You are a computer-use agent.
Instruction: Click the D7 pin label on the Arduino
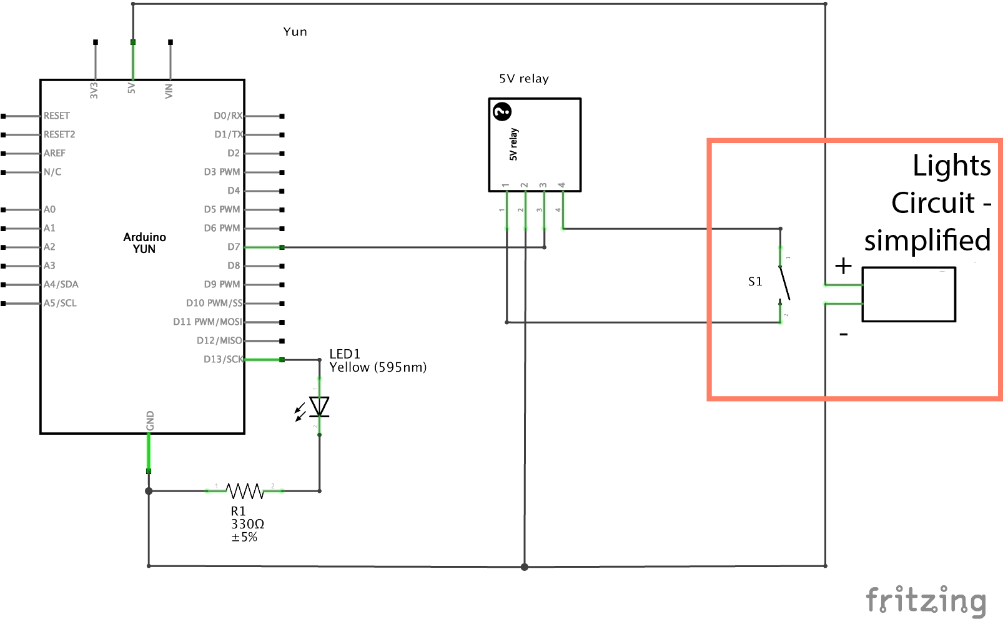point(234,247)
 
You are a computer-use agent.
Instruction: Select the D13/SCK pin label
point(223,359)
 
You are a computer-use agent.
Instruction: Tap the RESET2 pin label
point(59,134)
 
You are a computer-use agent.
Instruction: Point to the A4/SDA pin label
point(61,284)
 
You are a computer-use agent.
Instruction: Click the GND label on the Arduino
point(150,420)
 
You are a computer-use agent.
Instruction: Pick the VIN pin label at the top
point(169,91)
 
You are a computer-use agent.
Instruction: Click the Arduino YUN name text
point(144,243)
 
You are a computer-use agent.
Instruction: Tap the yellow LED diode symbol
point(319,407)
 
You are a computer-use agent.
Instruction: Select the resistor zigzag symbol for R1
point(244,491)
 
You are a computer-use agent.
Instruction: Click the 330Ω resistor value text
point(247,524)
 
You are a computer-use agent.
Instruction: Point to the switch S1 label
point(755,282)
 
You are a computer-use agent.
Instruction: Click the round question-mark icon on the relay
point(502,112)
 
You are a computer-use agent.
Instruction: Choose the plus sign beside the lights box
point(843,266)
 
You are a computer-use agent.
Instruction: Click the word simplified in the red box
point(927,240)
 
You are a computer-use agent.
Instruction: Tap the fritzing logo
point(926,601)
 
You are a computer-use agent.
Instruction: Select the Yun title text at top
point(295,32)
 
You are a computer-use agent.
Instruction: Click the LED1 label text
point(345,354)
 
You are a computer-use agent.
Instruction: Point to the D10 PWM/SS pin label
point(214,303)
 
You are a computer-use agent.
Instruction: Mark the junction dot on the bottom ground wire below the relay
point(525,567)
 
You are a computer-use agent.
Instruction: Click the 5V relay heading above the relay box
point(523,79)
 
